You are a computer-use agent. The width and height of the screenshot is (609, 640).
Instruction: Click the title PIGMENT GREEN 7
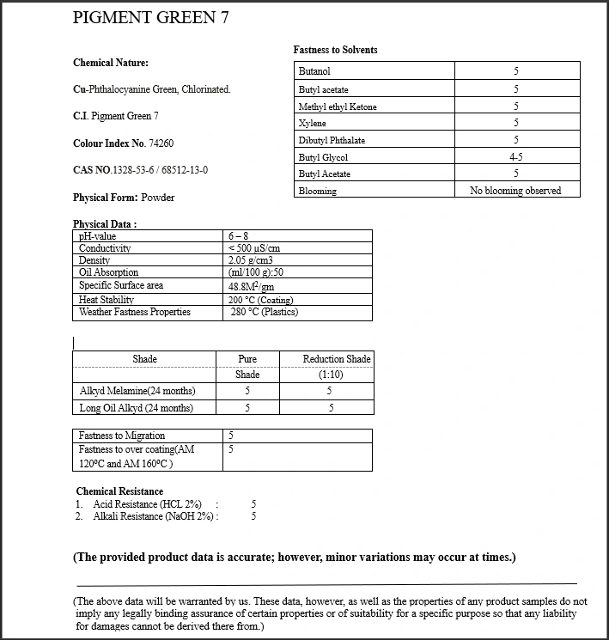(x=150, y=18)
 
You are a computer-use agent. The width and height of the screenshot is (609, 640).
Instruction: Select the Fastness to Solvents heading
(x=335, y=50)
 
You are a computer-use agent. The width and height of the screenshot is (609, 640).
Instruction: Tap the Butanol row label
(x=314, y=71)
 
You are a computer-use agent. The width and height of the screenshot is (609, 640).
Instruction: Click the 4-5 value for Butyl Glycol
(x=516, y=157)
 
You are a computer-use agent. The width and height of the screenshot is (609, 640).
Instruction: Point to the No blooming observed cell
(x=515, y=191)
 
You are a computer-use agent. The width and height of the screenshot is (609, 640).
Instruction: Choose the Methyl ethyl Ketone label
(x=338, y=107)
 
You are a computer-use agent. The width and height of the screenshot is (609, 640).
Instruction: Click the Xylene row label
(x=312, y=124)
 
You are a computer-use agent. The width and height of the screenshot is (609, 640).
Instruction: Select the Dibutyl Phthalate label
(x=332, y=140)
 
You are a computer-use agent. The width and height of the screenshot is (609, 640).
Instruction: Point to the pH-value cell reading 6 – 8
(x=238, y=236)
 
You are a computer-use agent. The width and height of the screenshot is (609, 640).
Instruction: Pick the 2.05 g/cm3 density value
(x=251, y=260)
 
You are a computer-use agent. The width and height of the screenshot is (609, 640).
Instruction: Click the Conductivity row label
(x=105, y=248)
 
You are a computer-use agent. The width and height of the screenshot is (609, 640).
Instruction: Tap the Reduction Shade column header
(x=337, y=358)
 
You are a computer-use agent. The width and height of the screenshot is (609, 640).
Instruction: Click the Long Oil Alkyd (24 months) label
(x=136, y=408)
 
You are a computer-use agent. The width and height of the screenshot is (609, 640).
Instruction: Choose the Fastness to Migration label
(x=122, y=436)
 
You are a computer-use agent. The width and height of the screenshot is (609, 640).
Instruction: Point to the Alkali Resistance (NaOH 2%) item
(x=155, y=516)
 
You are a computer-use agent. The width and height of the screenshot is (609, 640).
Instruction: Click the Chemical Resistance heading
(x=119, y=491)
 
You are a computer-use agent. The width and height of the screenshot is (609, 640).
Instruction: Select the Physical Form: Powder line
(x=124, y=198)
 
